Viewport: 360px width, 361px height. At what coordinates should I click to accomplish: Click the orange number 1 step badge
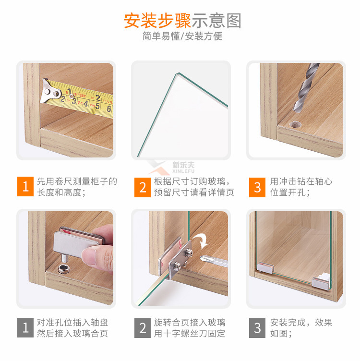25,186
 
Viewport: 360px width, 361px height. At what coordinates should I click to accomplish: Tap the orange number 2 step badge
143,187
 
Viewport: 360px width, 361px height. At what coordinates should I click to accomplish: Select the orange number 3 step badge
257,187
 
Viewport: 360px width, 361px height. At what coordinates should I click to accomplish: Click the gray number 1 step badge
25,327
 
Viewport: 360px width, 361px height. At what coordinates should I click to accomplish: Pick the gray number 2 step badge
143,328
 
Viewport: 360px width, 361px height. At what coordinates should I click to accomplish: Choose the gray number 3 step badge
257,328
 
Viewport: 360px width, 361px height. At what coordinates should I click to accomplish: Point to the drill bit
305,87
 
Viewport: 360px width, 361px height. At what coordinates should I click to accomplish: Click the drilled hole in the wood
295,124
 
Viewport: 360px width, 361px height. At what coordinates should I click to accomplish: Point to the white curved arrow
201,241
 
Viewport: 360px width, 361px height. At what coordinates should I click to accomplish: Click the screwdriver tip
202,258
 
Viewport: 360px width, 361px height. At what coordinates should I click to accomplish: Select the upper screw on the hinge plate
189,252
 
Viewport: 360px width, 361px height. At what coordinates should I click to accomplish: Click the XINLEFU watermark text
183,171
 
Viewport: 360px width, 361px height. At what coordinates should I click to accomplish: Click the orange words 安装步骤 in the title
157,21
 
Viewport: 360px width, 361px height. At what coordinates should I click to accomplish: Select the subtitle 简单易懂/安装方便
182,36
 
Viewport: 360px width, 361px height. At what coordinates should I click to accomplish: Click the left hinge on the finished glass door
265,268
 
